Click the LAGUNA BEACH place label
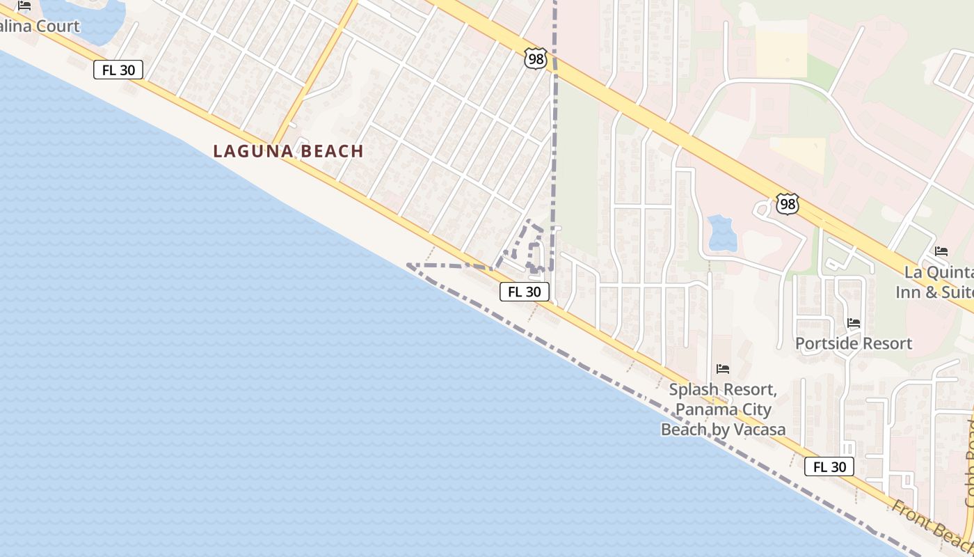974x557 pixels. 288,151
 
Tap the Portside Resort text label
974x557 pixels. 853,343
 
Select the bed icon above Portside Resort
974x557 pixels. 853,322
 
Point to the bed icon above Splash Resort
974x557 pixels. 722,368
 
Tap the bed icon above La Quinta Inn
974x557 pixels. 941,251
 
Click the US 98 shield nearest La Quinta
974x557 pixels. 788,205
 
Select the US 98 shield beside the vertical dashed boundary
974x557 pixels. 536,59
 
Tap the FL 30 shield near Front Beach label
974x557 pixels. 829,466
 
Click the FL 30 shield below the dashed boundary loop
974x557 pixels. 524,292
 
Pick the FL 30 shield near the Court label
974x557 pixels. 118,69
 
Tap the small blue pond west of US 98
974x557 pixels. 722,233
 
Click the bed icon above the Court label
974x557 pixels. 24,6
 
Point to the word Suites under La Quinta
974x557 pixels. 957,291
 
